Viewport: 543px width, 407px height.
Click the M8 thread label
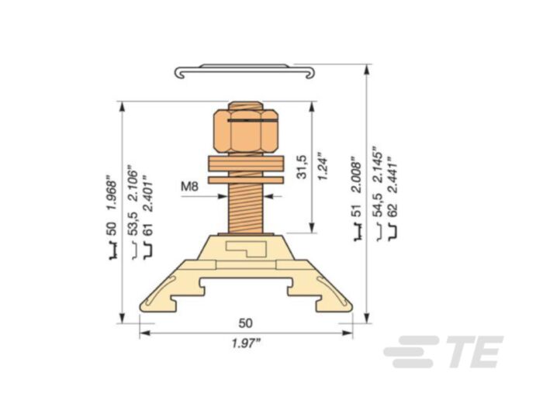(x=190, y=186)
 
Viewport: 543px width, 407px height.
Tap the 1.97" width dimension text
(x=245, y=343)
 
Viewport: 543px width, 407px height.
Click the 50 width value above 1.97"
(x=246, y=322)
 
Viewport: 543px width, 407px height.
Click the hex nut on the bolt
(x=245, y=131)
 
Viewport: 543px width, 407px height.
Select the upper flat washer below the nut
(x=246, y=164)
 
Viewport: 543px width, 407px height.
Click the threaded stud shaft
(x=246, y=205)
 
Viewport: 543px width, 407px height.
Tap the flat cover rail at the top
(x=246, y=71)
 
